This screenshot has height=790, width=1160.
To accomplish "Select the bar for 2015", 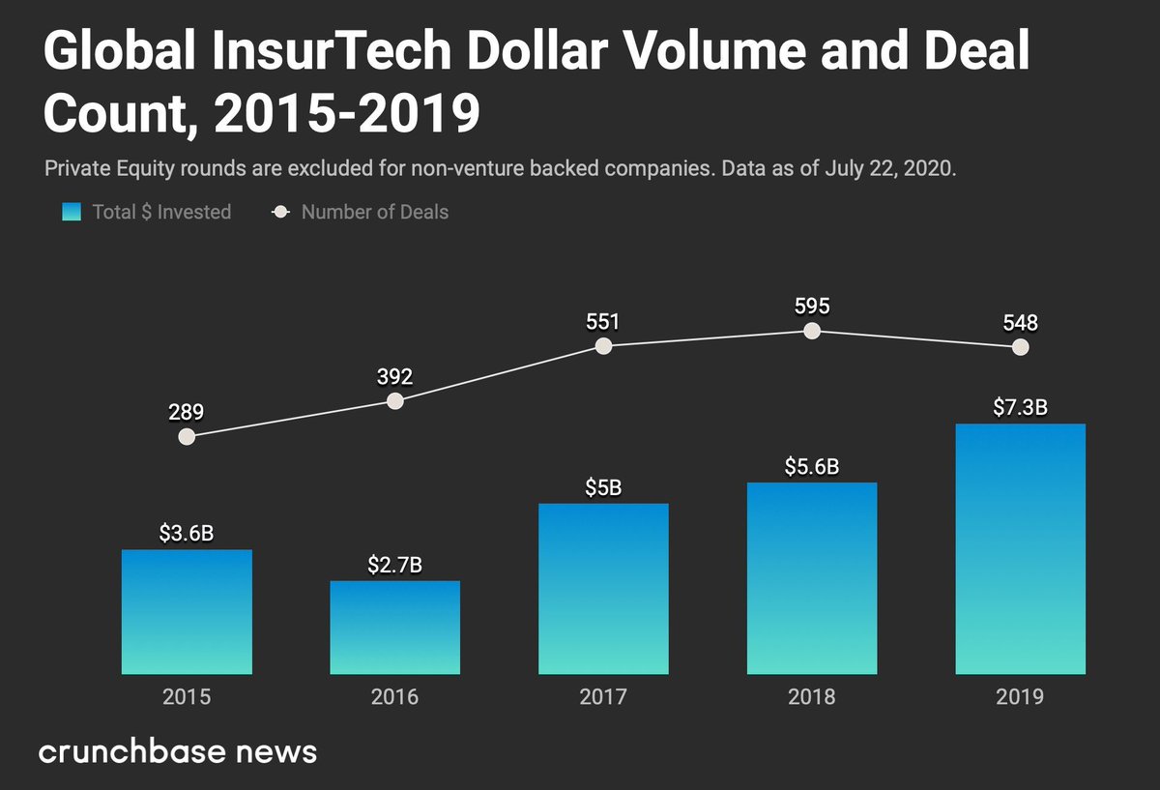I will click(x=187, y=611).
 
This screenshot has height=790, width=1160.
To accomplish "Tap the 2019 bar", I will click(x=1020, y=548).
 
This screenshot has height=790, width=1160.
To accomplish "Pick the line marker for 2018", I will click(x=812, y=331).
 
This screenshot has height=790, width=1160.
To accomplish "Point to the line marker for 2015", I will click(x=187, y=436).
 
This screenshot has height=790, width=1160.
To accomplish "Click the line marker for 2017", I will click(x=603, y=345).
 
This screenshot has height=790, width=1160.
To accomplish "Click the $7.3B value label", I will click(x=1020, y=407).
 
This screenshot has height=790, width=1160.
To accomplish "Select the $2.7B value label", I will click(x=394, y=565).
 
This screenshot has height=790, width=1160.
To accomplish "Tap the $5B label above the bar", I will click(x=603, y=487).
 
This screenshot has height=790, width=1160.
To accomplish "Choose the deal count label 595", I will click(x=812, y=306).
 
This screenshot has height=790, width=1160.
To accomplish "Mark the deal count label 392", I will click(x=394, y=376).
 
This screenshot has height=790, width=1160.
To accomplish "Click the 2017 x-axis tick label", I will click(x=603, y=696).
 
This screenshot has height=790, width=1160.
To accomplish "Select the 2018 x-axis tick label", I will click(x=812, y=696).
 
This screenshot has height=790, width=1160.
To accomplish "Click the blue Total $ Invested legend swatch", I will click(x=72, y=212).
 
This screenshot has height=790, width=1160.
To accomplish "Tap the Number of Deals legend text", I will click(x=374, y=212).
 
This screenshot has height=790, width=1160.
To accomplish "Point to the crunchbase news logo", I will click(x=178, y=751).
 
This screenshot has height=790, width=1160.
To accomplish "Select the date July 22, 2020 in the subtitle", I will click(x=889, y=168).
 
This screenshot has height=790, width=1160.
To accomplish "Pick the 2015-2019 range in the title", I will click(x=347, y=114).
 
